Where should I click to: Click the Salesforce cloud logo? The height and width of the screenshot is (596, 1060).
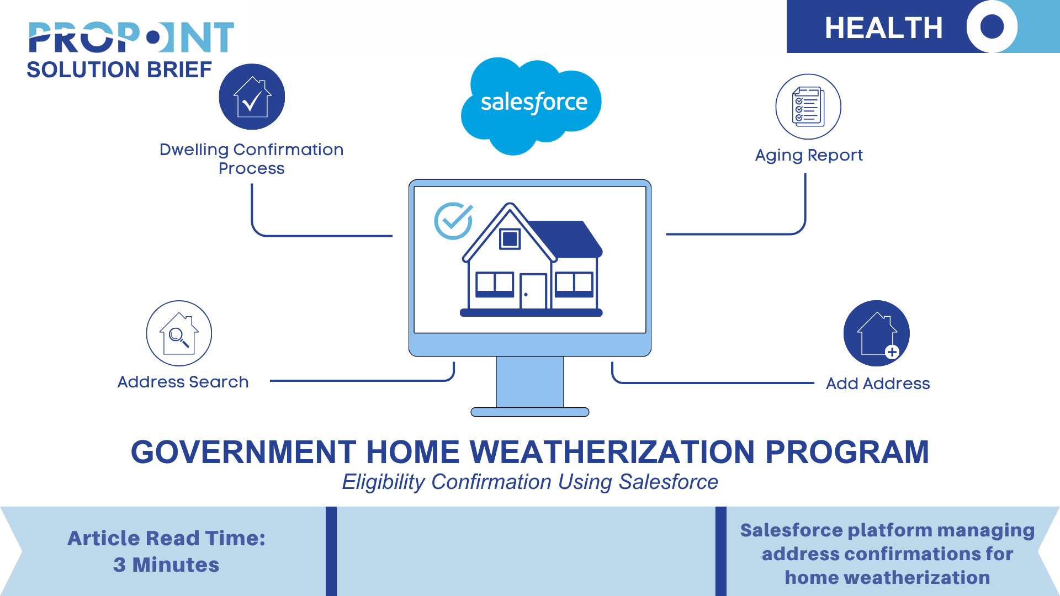click(x=531, y=105)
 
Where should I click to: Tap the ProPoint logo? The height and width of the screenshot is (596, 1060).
click(x=131, y=38)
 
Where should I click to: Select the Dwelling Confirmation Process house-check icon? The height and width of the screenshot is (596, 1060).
click(x=252, y=97)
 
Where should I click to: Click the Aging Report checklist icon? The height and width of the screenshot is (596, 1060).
click(x=808, y=107)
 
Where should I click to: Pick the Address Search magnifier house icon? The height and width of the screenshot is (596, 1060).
click(x=179, y=333)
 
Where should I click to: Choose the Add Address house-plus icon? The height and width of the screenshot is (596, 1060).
click(x=877, y=333)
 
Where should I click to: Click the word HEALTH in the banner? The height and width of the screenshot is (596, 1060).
click(x=883, y=28)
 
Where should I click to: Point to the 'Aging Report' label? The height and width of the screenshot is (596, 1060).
click(x=809, y=156)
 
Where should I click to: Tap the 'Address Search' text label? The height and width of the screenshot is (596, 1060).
click(x=183, y=382)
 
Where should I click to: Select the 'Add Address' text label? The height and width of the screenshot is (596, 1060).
click(x=878, y=384)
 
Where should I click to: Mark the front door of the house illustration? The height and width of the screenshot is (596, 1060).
click(x=533, y=291)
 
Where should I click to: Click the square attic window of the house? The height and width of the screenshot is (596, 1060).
click(x=510, y=239)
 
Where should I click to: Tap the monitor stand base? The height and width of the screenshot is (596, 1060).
click(x=530, y=412)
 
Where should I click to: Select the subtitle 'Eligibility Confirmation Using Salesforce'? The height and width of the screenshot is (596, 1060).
click(x=530, y=482)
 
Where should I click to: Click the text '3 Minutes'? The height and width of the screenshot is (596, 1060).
click(x=166, y=565)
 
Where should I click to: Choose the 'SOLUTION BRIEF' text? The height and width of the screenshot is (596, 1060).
click(x=119, y=70)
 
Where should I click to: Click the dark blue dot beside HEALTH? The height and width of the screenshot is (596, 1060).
click(x=992, y=26)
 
